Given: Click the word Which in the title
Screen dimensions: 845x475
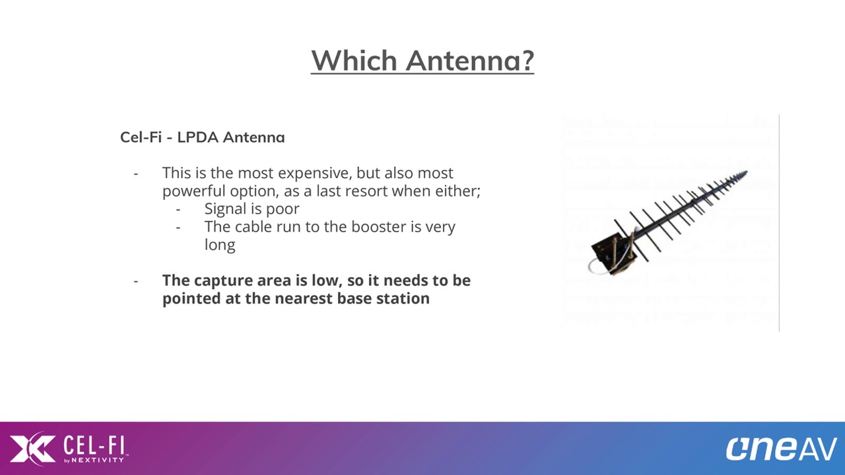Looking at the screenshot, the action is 355,60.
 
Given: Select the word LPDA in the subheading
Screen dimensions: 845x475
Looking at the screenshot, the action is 197,137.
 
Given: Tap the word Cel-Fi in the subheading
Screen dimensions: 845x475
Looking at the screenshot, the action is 141,137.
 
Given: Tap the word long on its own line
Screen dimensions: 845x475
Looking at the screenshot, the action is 220,245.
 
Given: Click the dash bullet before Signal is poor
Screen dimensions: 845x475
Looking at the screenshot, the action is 178,210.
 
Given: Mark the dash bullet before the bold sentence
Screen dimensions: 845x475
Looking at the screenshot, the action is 136,281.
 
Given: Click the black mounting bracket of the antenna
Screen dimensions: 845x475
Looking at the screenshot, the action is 611,252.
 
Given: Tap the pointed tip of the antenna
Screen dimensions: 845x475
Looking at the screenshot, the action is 747,172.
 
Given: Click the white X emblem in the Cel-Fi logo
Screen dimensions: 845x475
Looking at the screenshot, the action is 33,448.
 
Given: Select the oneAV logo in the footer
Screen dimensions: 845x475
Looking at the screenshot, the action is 781,449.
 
